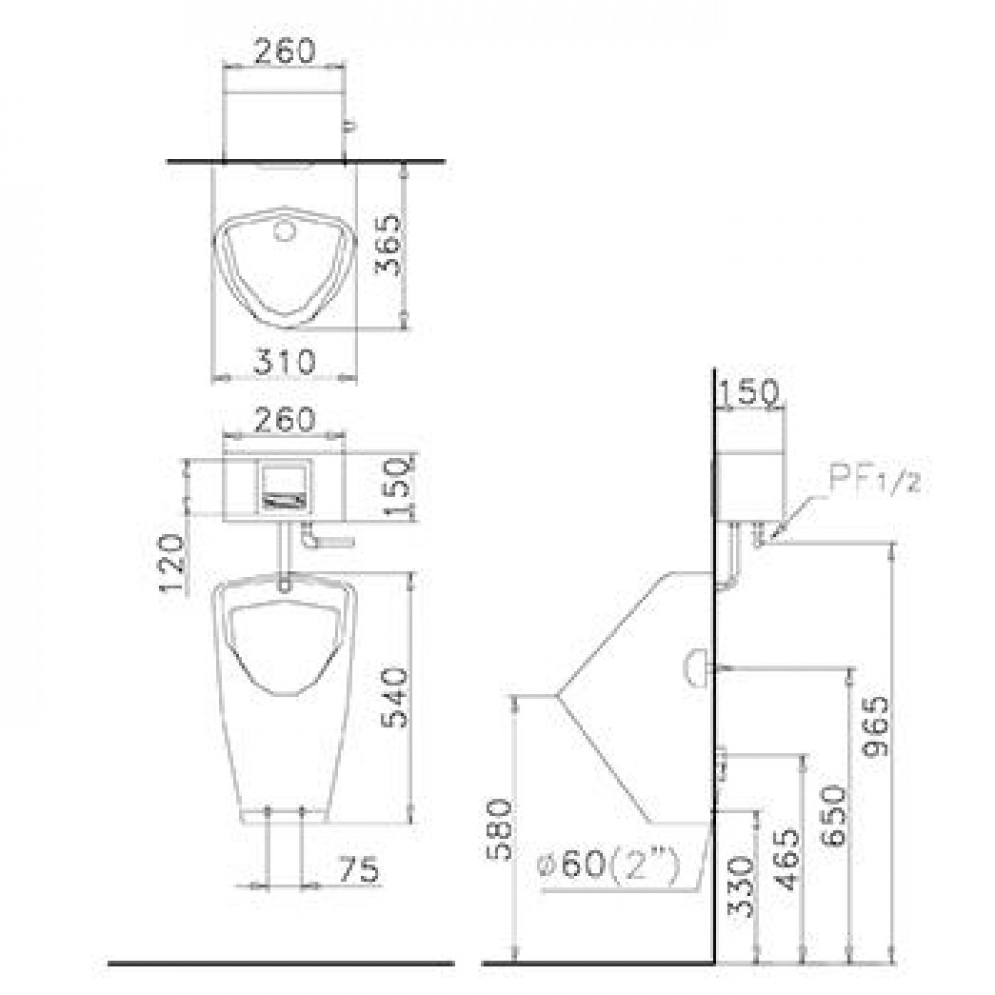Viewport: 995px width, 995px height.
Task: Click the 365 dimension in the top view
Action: point(388,245)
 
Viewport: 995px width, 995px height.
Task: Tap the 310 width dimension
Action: point(285,362)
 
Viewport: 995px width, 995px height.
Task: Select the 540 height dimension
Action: point(395,696)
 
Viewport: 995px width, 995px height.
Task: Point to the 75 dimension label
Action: point(359,869)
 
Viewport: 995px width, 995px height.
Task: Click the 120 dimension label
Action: point(172,563)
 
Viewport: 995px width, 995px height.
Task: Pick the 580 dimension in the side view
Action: point(499,829)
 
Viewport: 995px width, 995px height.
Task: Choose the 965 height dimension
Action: point(876,726)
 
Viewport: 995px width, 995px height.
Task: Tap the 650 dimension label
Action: point(833,816)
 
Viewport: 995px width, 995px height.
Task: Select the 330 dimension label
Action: point(741,887)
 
